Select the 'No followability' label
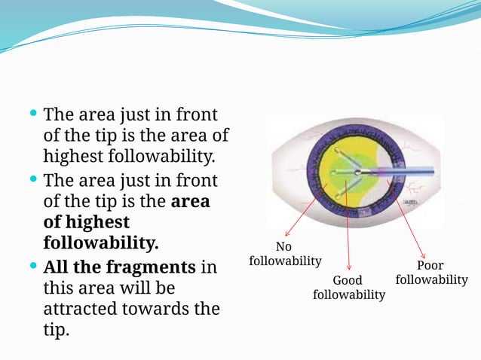pos(284,254)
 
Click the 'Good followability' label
pos(348,287)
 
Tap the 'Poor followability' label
pos(431,273)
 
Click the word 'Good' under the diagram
pos(348,280)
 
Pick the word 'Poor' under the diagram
pos(430,265)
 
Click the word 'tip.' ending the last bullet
pos(56,330)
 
